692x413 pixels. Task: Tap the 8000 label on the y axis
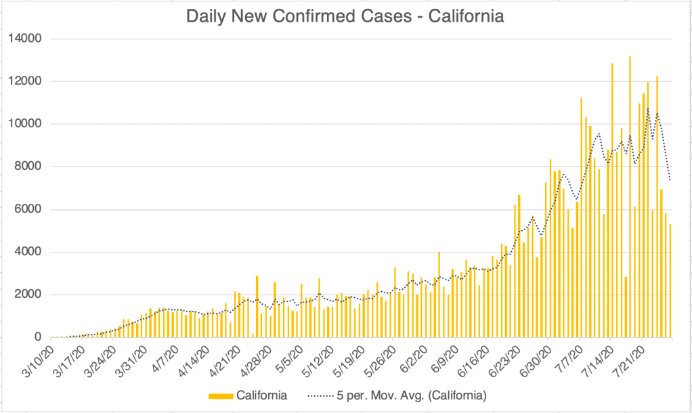30,167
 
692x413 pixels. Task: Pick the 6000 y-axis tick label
30,209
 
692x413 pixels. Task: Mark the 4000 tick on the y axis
30,252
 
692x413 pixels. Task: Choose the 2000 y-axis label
30,295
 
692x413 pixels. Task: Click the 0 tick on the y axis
38,337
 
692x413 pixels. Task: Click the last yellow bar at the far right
670,281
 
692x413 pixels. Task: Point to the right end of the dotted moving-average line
670,180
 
